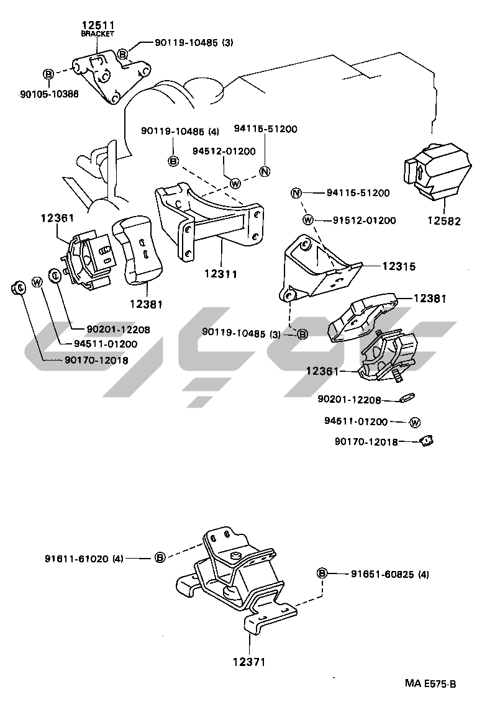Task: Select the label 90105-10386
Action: pyautogui.click(x=49, y=94)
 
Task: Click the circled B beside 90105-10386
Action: pyautogui.click(x=48, y=74)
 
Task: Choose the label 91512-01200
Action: pyautogui.click(x=363, y=220)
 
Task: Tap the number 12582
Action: pyautogui.click(x=443, y=220)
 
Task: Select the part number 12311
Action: pyautogui.click(x=221, y=272)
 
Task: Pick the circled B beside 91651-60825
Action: pyautogui.click(x=322, y=573)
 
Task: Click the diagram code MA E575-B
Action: pyautogui.click(x=430, y=684)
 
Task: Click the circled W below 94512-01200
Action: pyautogui.click(x=235, y=183)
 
